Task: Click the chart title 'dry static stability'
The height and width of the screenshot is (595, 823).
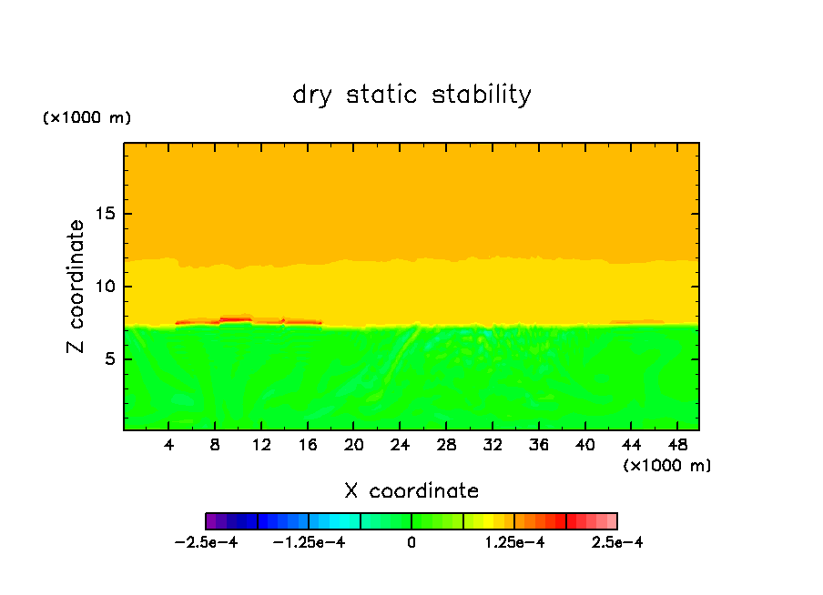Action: (x=411, y=95)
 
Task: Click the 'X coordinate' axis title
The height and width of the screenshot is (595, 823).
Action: (x=411, y=491)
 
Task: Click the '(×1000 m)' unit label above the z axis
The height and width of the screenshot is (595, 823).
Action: (x=86, y=118)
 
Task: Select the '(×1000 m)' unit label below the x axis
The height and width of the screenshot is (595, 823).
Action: (x=667, y=465)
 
